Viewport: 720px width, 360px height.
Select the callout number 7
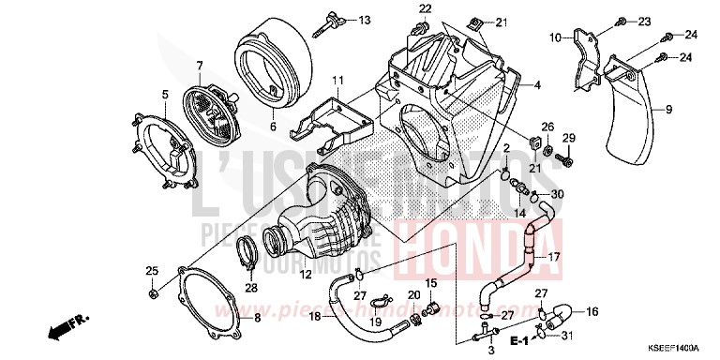tap(199, 65)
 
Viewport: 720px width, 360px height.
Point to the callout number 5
tap(164, 95)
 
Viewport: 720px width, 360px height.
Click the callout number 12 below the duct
tap(305, 276)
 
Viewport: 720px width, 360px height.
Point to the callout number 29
tap(566, 139)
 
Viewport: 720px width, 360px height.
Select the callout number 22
tap(425, 9)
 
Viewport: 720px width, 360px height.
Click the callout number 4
tap(538, 85)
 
